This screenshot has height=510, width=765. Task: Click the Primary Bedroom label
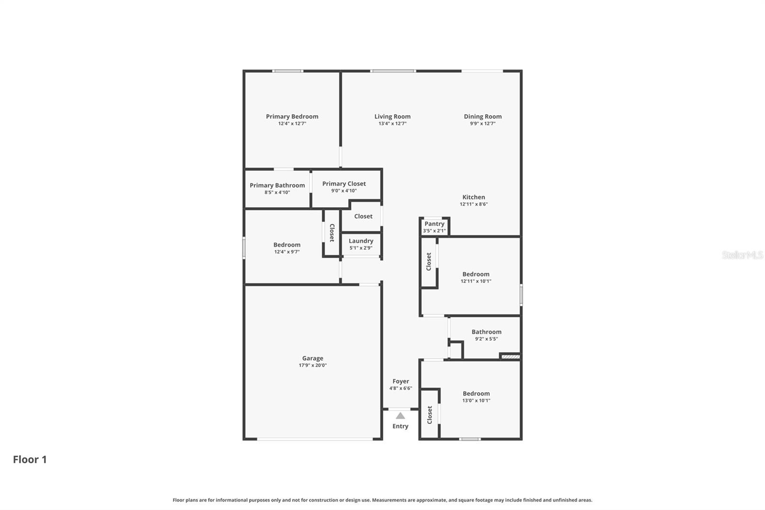(x=292, y=116)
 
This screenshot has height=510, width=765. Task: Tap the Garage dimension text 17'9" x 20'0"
(x=313, y=366)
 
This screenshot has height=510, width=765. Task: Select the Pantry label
(x=434, y=223)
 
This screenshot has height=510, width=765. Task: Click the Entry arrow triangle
(x=400, y=416)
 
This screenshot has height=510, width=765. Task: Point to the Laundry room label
(x=361, y=241)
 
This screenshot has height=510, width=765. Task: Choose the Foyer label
(x=401, y=381)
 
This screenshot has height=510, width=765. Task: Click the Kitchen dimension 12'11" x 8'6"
(x=473, y=204)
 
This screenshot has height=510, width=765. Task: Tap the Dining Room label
(x=482, y=116)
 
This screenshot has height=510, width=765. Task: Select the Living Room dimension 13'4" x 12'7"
(x=392, y=123)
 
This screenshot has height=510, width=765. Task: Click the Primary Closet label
(x=344, y=183)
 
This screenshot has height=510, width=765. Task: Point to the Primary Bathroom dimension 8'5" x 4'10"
(x=277, y=192)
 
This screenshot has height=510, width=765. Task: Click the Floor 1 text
(x=30, y=459)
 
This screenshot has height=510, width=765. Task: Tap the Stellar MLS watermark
(x=742, y=255)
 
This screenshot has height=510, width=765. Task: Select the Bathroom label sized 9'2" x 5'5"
(x=486, y=332)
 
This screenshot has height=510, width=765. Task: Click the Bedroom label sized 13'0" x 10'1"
(x=476, y=393)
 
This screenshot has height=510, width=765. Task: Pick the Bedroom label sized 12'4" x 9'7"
(x=287, y=244)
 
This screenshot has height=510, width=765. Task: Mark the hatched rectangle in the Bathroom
(x=510, y=356)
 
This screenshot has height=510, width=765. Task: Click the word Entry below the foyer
(x=400, y=426)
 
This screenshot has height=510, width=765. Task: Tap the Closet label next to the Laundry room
(x=363, y=216)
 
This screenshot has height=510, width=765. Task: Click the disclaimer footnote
(x=382, y=500)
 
